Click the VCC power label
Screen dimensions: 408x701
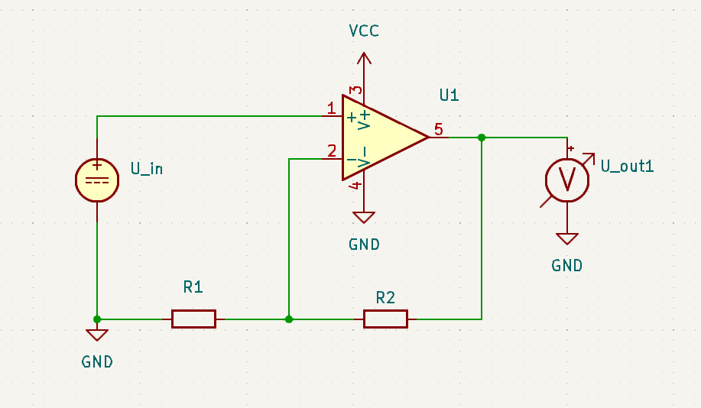364,31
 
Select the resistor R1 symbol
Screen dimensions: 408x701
193,319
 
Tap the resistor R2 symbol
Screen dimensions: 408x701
385,319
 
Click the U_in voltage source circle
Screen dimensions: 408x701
97,180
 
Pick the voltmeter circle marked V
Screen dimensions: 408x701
567,180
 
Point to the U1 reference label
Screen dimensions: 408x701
449,96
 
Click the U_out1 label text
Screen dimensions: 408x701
627,166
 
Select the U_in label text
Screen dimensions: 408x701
147,169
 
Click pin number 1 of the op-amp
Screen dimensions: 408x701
331,108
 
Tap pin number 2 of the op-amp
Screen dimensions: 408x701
331,151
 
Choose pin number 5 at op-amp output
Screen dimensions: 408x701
438,129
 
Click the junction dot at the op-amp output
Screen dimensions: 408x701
482,138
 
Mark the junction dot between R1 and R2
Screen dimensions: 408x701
288,319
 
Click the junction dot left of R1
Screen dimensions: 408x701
97,319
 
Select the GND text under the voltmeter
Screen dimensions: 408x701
566,266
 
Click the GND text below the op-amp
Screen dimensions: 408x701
364,245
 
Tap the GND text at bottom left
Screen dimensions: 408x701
97,362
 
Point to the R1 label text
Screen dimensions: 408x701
193,287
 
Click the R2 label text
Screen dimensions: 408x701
385,297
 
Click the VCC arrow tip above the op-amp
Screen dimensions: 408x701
364,54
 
